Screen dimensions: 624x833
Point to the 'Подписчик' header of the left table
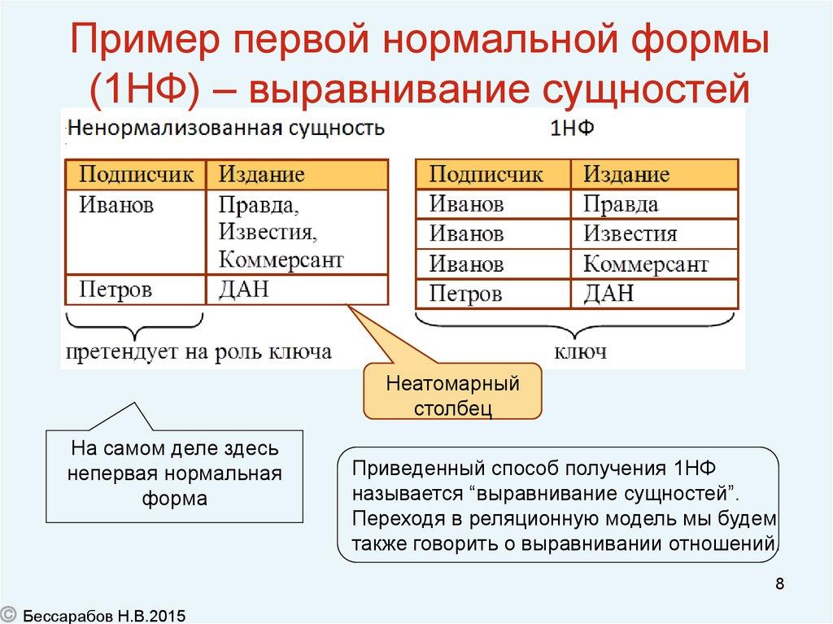click(x=136, y=174)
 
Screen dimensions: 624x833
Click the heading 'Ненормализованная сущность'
click(x=225, y=129)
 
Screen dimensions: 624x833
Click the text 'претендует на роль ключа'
click(x=199, y=351)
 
